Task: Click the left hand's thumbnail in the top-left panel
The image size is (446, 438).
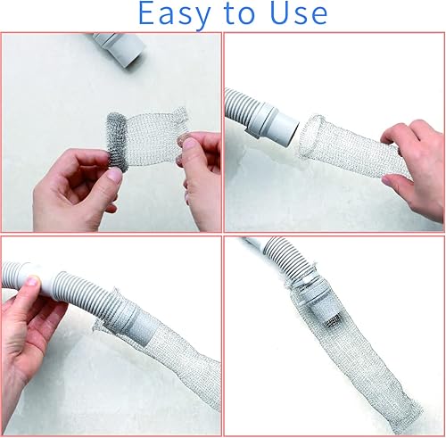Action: [x=113, y=175]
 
